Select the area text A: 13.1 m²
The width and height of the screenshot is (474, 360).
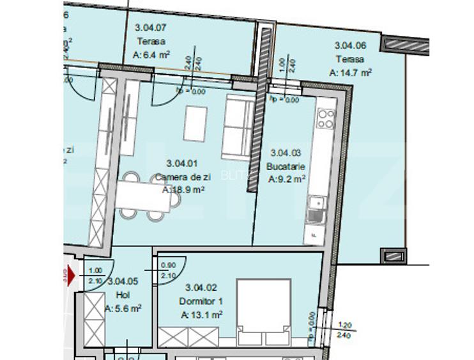[x=201, y=314]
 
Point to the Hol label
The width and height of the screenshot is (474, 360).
[x=123, y=295]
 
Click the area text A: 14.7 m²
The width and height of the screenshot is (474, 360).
[x=351, y=73]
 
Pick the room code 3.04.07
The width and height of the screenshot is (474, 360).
[x=151, y=27]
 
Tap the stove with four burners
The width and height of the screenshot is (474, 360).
[x=326, y=118]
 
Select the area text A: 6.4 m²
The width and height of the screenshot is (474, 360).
[x=151, y=55]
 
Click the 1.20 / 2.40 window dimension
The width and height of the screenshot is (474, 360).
[x=345, y=329]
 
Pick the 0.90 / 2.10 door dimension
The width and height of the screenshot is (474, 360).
[x=169, y=270]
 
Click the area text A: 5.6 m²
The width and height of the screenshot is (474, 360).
[x=123, y=308]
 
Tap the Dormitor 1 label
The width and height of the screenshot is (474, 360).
[x=201, y=301]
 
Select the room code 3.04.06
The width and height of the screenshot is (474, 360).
[x=351, y=45]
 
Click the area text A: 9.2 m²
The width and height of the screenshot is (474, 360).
[x=287, y=179]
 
